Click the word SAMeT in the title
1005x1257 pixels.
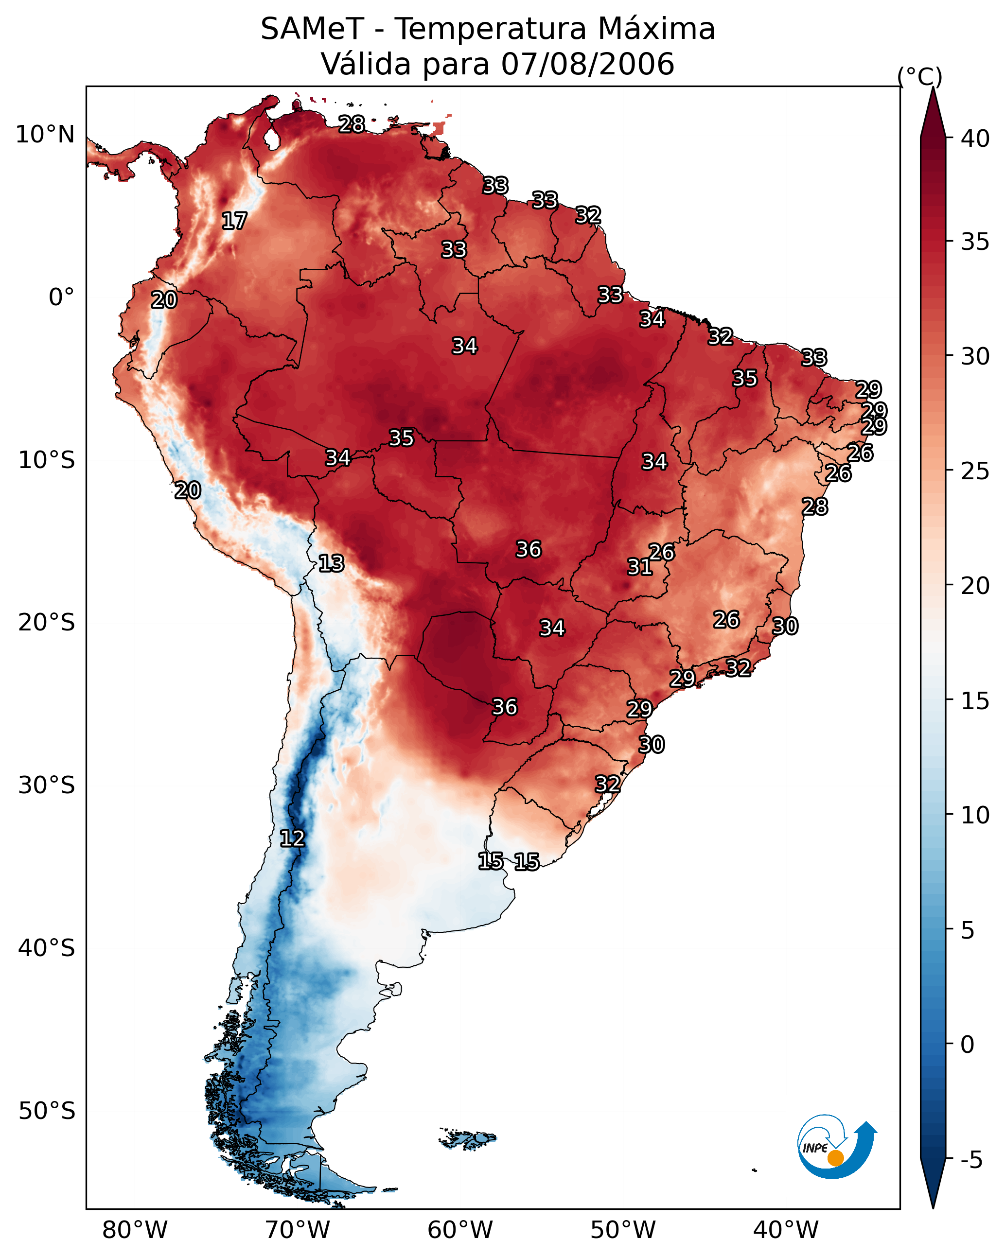(x=312, y=29)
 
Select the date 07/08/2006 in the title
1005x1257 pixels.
(x=587, y=64)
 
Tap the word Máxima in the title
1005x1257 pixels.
(x=656, y=29)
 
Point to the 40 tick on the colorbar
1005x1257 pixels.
(x=975, y=139)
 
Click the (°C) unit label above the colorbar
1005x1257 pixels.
(x=920, y=76)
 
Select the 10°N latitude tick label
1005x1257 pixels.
(x=45, y=135)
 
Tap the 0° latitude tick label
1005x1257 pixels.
(x=61, y=297)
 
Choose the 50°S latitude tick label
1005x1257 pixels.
(x=47, y=1111)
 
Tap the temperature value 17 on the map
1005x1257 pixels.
(x=234, y=221)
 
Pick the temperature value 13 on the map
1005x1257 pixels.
(x=331, y=563)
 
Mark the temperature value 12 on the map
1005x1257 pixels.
(x=292, y=838)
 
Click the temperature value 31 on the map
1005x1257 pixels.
(x=639, y=567)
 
